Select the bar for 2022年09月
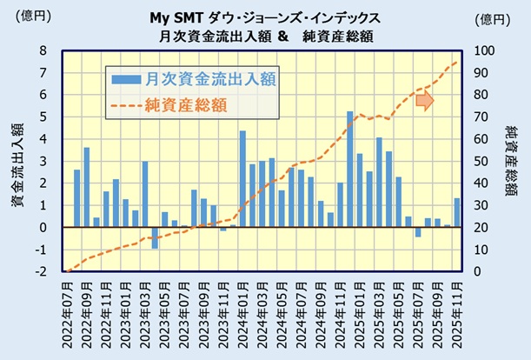(x=87, y=187)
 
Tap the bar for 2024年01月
(x=242, y=179)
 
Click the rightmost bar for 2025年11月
(x=457, y=213)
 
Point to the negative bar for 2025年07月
(x=417, y=232)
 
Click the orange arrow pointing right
(x=424, y=101)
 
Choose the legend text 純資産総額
(x=186, y=105)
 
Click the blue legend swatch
(x=127, y=80)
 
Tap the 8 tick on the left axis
(x=43, y=50)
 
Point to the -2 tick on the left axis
(x=42, y=272)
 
